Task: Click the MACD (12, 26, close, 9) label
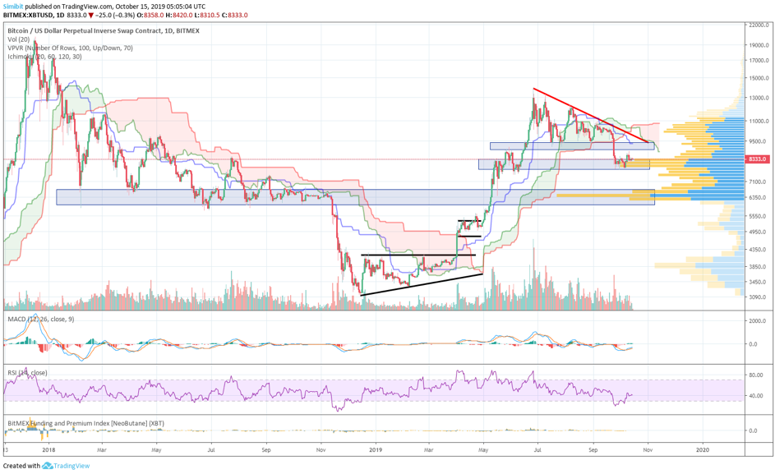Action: [39, 319]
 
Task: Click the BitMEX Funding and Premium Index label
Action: [66, 423]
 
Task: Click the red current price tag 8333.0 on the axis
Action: [756, 159]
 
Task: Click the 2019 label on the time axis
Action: [376, 450]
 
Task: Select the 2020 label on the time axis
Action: [703, 450]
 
